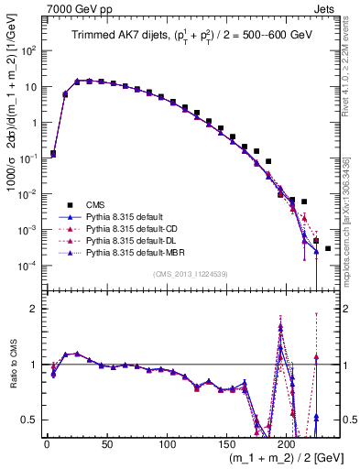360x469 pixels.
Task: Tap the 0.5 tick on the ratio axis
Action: [33, 420]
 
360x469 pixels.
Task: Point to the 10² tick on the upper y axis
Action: [29, 50]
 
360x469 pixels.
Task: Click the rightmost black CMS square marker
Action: [328, 248]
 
